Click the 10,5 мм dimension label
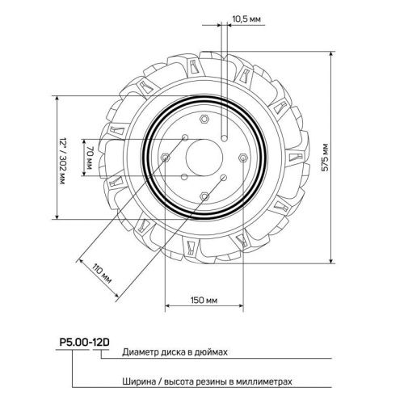click(x=246, y=18)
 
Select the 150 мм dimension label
click(x=204, y=301)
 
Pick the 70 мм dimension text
click(x=91, y=158)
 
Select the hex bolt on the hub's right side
click(x=242, y=157)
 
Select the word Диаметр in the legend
click(x=142, y=354)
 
